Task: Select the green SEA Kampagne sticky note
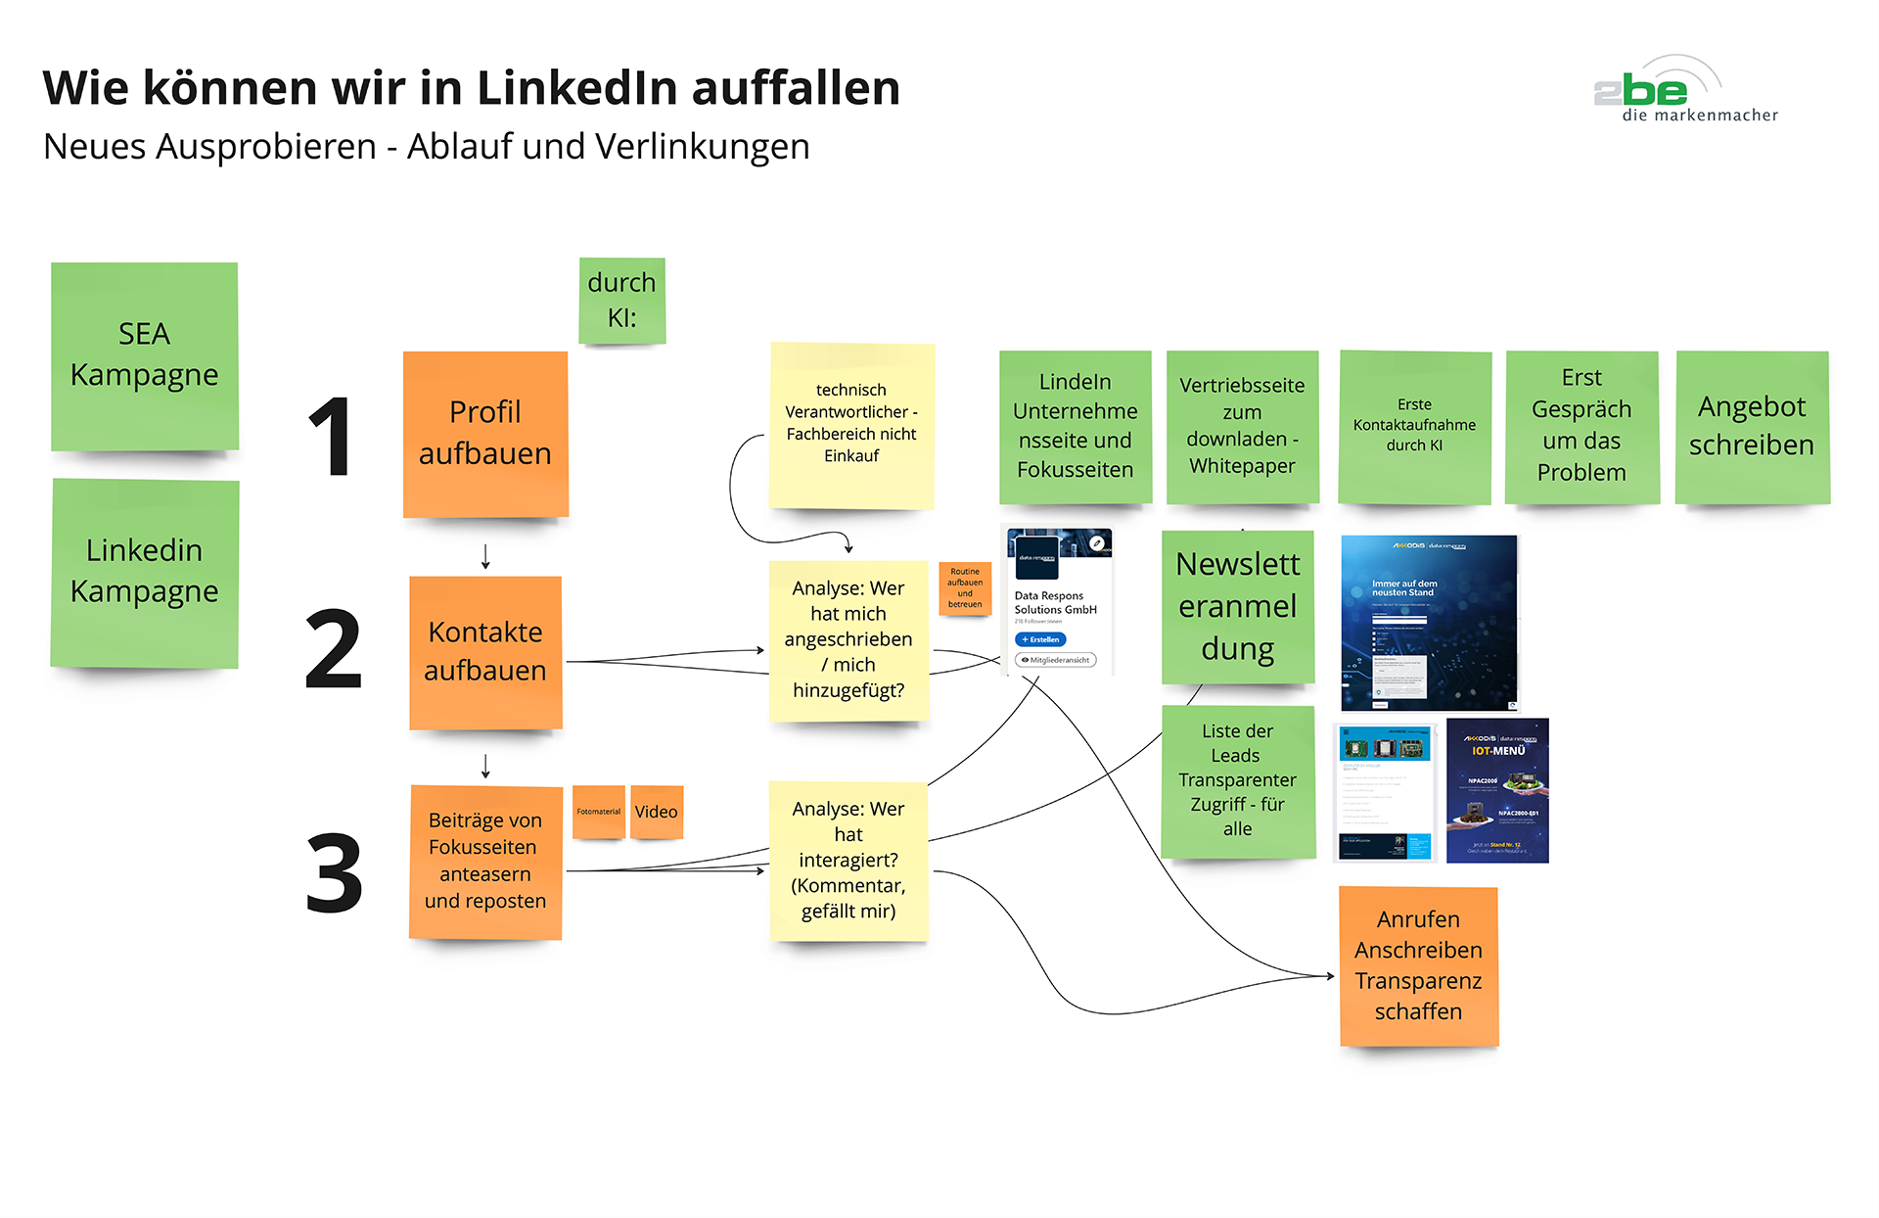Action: [x=144, y=355]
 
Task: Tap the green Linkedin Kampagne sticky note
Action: [x=144, y=573]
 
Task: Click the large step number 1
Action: [x=331, y=438]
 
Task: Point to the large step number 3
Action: [x=334, y=873]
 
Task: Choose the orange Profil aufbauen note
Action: [x=485, y=434]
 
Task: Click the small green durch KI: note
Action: [x=621, y=301]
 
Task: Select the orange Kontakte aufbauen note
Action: [x=485, y=652]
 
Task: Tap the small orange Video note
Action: [x=656, y=812]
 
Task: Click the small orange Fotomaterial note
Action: [x=598, y=812]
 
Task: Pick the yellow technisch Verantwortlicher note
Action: [x=851, y=425]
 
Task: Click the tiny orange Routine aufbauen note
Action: [x=965, y=587]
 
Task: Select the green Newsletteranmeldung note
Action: [x=1237, y=607]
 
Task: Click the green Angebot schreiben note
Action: [x=1752, y=427]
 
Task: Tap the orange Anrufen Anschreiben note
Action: [x=1418, y=965]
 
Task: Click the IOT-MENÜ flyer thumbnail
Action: [x=1497, y=791]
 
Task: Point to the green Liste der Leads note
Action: [x=1237, y=780]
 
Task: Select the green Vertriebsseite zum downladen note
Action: [x=1242, y=427]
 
